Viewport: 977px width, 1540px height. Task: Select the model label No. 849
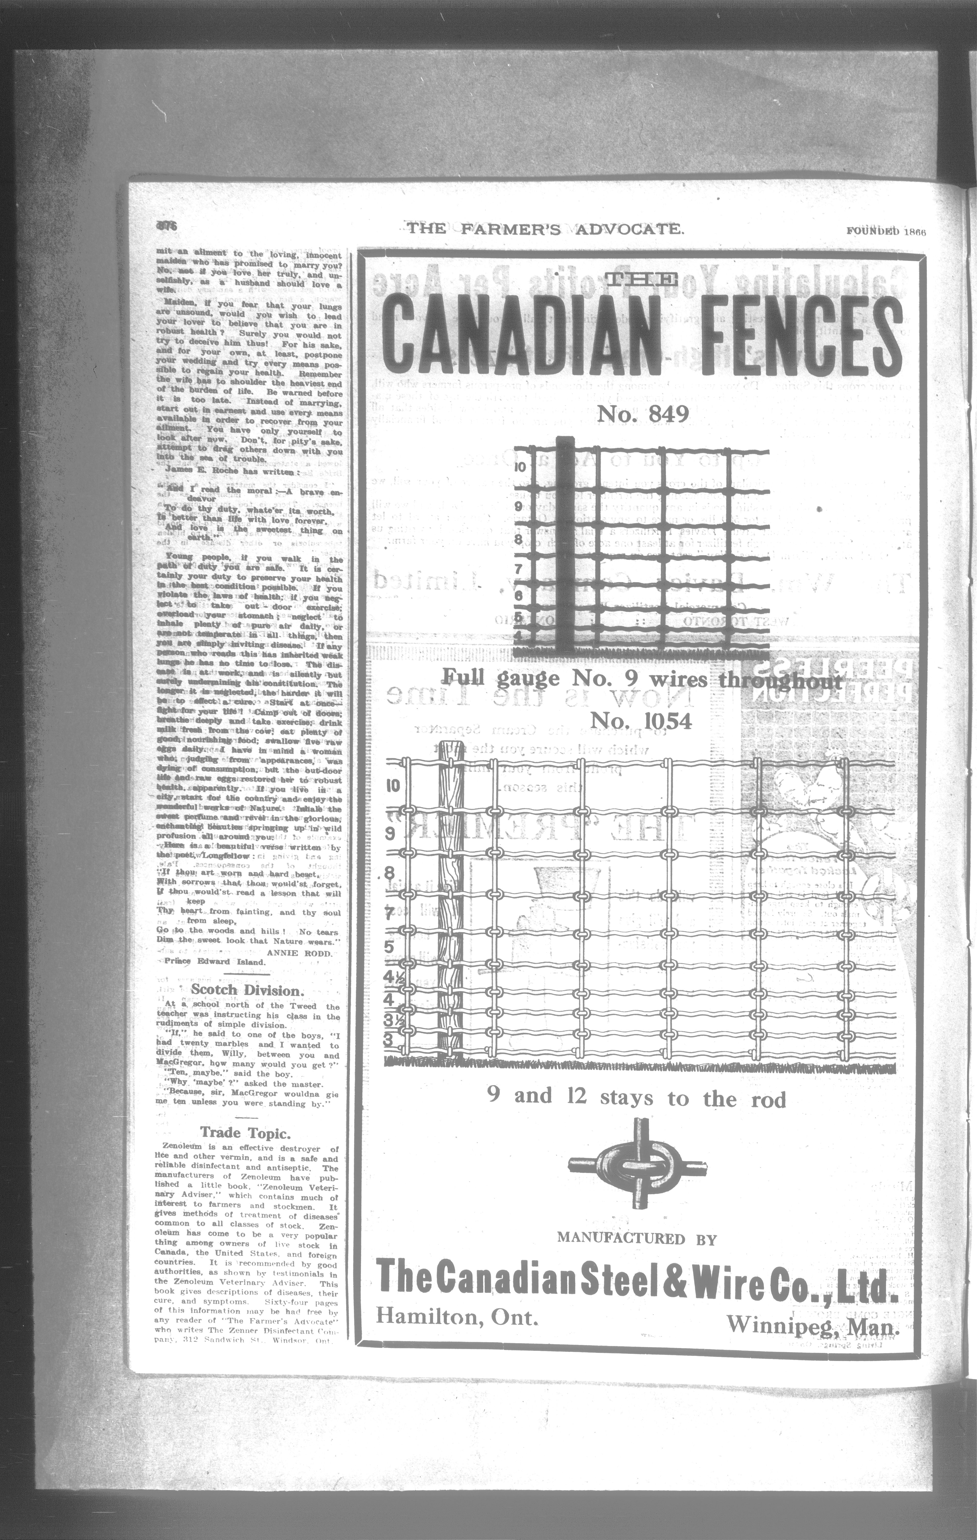pyautogui.click(x=643, y=414)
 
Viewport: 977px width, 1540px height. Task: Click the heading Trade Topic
pyautogui.click(x=246, y=1133)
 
